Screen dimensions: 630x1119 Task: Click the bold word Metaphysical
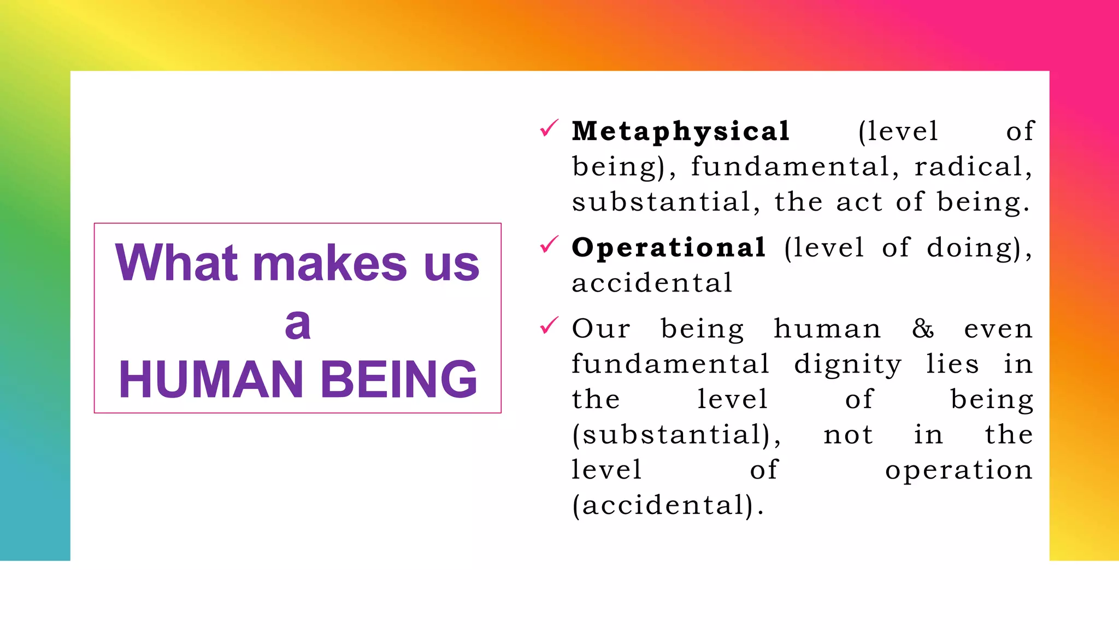[x=680, y=132]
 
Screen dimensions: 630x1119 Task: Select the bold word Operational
[x=668, y=248]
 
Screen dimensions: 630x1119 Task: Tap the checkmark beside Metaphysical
[x=549, y=129]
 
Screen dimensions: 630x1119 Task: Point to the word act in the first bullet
[x=859, y=202]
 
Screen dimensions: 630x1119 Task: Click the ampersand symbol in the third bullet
[x=923, y=329]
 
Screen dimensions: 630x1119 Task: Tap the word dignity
[x=847, y=365]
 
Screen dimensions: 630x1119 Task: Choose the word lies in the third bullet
[x=952, y=364]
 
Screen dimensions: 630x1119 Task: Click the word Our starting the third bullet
[x=601, y=329]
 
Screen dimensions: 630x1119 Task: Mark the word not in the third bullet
[x=848, y=435]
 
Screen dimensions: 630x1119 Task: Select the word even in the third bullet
[x=998, y=329]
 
